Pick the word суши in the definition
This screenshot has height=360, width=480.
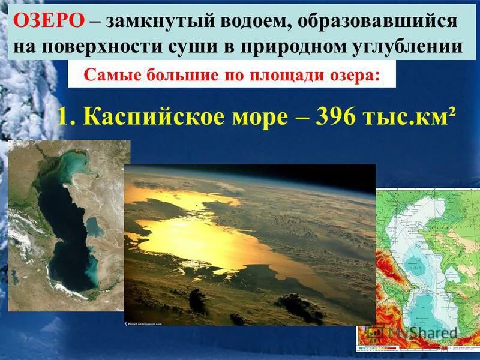199,46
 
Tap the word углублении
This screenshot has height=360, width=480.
413,46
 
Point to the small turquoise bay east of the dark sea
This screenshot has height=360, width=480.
95,226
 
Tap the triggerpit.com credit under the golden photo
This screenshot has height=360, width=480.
148,322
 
